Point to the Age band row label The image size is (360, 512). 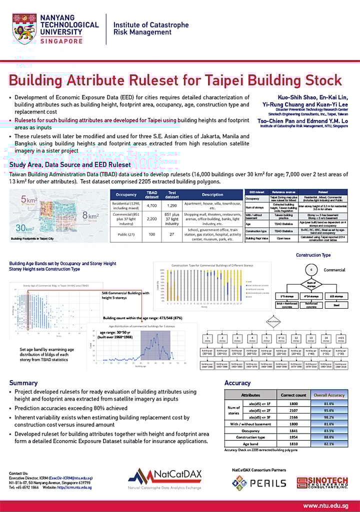tap(250, 444)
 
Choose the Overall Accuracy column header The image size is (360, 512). tap(329, 395)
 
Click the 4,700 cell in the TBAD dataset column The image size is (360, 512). tap(151, 205)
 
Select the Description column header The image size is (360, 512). tap(212, 194)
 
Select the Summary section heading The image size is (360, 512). tap(23, 383)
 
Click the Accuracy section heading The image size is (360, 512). tap(237, 383)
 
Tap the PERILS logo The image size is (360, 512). tap(259, 483)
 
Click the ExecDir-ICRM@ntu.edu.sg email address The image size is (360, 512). tap(69, 478)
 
